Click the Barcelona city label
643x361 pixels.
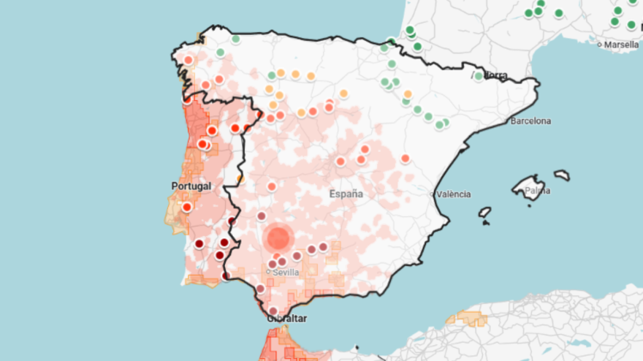531,121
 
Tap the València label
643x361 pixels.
453,194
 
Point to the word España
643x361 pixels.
346,194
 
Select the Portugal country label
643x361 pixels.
191,186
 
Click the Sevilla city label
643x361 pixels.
285,272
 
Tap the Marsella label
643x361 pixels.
621,45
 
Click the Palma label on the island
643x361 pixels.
537,191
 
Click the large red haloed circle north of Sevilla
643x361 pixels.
278,237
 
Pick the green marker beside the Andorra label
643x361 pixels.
479,75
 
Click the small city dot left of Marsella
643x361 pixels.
599,45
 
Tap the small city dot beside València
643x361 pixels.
433,194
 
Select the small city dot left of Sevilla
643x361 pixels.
268,272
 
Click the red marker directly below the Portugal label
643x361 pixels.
187,207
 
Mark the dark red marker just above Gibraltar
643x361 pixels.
273,311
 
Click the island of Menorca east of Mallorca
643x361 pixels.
561,175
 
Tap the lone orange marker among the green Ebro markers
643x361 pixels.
408,94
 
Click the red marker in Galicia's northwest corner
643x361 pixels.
188,60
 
